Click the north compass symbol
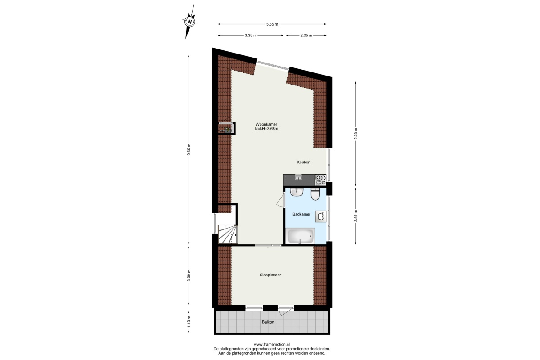[190, 22]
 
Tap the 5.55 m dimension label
[272, 24]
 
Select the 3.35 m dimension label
[251, 36]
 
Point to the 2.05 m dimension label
[306, 36]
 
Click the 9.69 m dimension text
[189, 150]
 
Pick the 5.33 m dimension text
[356, 134]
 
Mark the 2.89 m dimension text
[356, 216]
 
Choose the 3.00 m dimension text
[189, 275]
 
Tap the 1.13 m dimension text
[189, 321]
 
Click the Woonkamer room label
[266, 124]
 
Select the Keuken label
[303, 162]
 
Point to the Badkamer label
[301, 214]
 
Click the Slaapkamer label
[270, 274]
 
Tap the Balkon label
[268, 322]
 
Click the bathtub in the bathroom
[301, 236]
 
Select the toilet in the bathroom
[315, 194]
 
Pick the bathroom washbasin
[297, 192]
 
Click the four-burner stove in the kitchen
[321, 180]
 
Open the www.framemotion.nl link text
[272, 345]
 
